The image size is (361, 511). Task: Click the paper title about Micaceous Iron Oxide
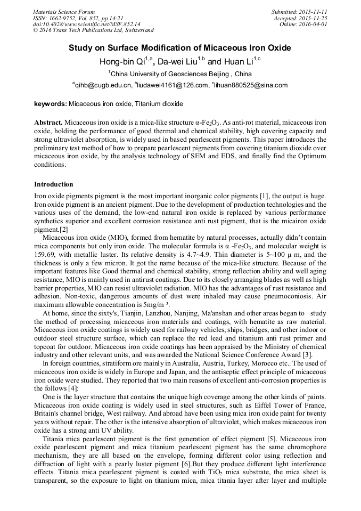tap(180, 48)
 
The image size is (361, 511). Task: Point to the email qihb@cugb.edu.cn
tap(102, 85)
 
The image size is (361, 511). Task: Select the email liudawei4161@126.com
tap(173, 85)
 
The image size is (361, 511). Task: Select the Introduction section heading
tap(54, 184)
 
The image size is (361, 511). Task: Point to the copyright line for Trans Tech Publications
tap(93, 31)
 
